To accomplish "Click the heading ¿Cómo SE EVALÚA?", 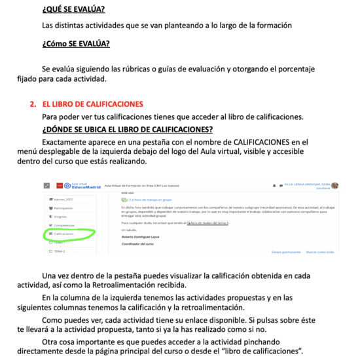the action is click(x=76, y=45).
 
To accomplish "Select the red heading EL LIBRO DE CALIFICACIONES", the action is click(x=93, y=104).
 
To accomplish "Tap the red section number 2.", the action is click(x=33, y=104).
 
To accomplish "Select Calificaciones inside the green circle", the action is click(x=63, y=233).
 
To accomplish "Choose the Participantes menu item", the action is click(x=65, y=207).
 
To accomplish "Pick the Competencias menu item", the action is click(x=65, y=225).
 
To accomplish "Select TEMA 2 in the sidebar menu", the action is click(x=60, y=251).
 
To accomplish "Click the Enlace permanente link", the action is click(x=286, y=251).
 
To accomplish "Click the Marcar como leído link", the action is click(x=321, y=251).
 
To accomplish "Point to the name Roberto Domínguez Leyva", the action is click(x=141, y=237).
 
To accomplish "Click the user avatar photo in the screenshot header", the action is click(x=335, y=186).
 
